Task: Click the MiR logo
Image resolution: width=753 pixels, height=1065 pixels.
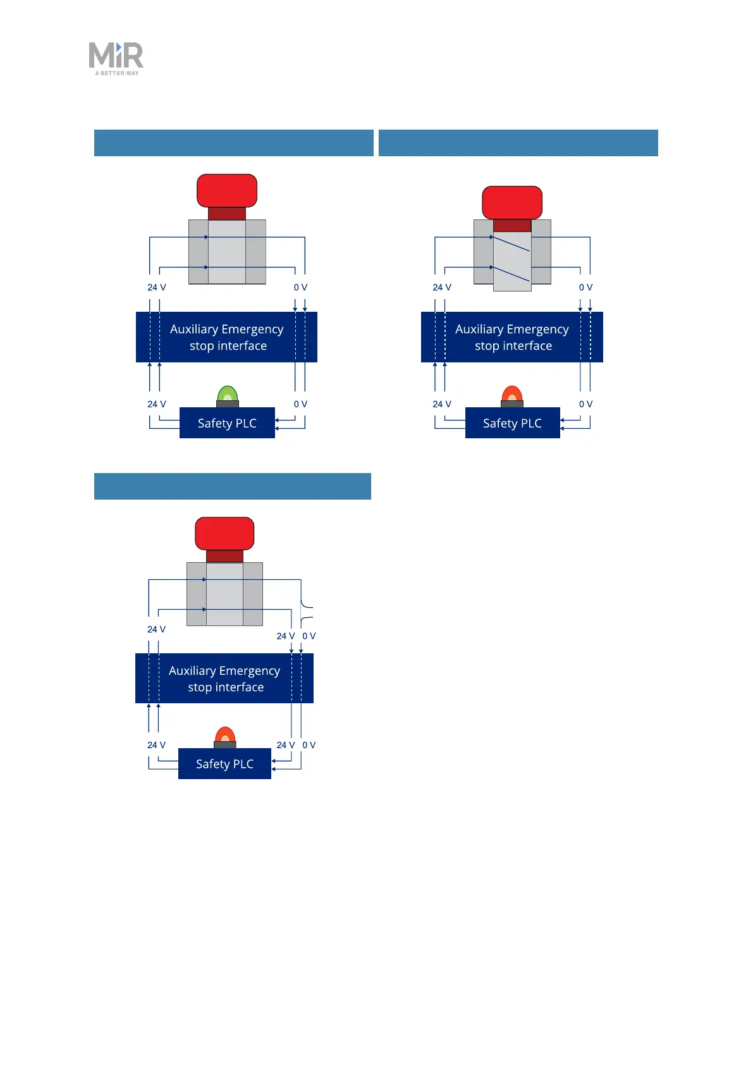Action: [x=116, y=56]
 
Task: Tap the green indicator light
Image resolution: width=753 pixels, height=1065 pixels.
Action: [x=228, y=395]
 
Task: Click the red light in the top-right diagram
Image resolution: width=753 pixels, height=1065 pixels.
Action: [x=512, y=395]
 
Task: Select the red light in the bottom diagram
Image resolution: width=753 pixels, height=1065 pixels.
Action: [x=225, y=736]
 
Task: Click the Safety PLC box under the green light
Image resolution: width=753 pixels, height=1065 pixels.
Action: [x=227, y=423]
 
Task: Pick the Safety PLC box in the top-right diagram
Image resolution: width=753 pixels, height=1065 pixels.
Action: [x=512, y=423]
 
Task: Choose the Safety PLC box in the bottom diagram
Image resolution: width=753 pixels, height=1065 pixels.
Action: [x=224, y=764]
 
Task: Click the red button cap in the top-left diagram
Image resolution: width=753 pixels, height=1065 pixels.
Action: [x=227, y=190]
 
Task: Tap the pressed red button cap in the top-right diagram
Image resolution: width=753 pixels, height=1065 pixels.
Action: [x=512, y=202]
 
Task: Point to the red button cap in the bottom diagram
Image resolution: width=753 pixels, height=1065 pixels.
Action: [x=224, y=533]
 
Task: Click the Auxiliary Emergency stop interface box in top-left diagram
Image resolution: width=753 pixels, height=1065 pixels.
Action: [x=226, y=337]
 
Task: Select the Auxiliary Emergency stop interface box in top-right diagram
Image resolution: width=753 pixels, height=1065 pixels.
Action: [x=512, y=337]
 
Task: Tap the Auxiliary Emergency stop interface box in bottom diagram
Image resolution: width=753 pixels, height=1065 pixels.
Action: [x=224, y=679]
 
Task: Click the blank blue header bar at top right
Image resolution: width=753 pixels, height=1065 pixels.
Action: [x=518, y=143]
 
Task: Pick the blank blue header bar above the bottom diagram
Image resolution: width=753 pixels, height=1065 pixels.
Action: [x=233, y=486]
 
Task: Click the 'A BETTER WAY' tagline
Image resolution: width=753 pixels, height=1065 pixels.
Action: [x=117, y=73]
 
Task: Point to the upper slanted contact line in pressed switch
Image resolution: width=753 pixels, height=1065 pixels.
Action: [x=511, y=243]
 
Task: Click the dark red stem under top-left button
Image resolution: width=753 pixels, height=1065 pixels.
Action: [x=227, y=214]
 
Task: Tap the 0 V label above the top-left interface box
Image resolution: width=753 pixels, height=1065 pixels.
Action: [x=300, y=287]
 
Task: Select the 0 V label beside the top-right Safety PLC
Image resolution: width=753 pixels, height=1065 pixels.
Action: [x=586, y=404]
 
